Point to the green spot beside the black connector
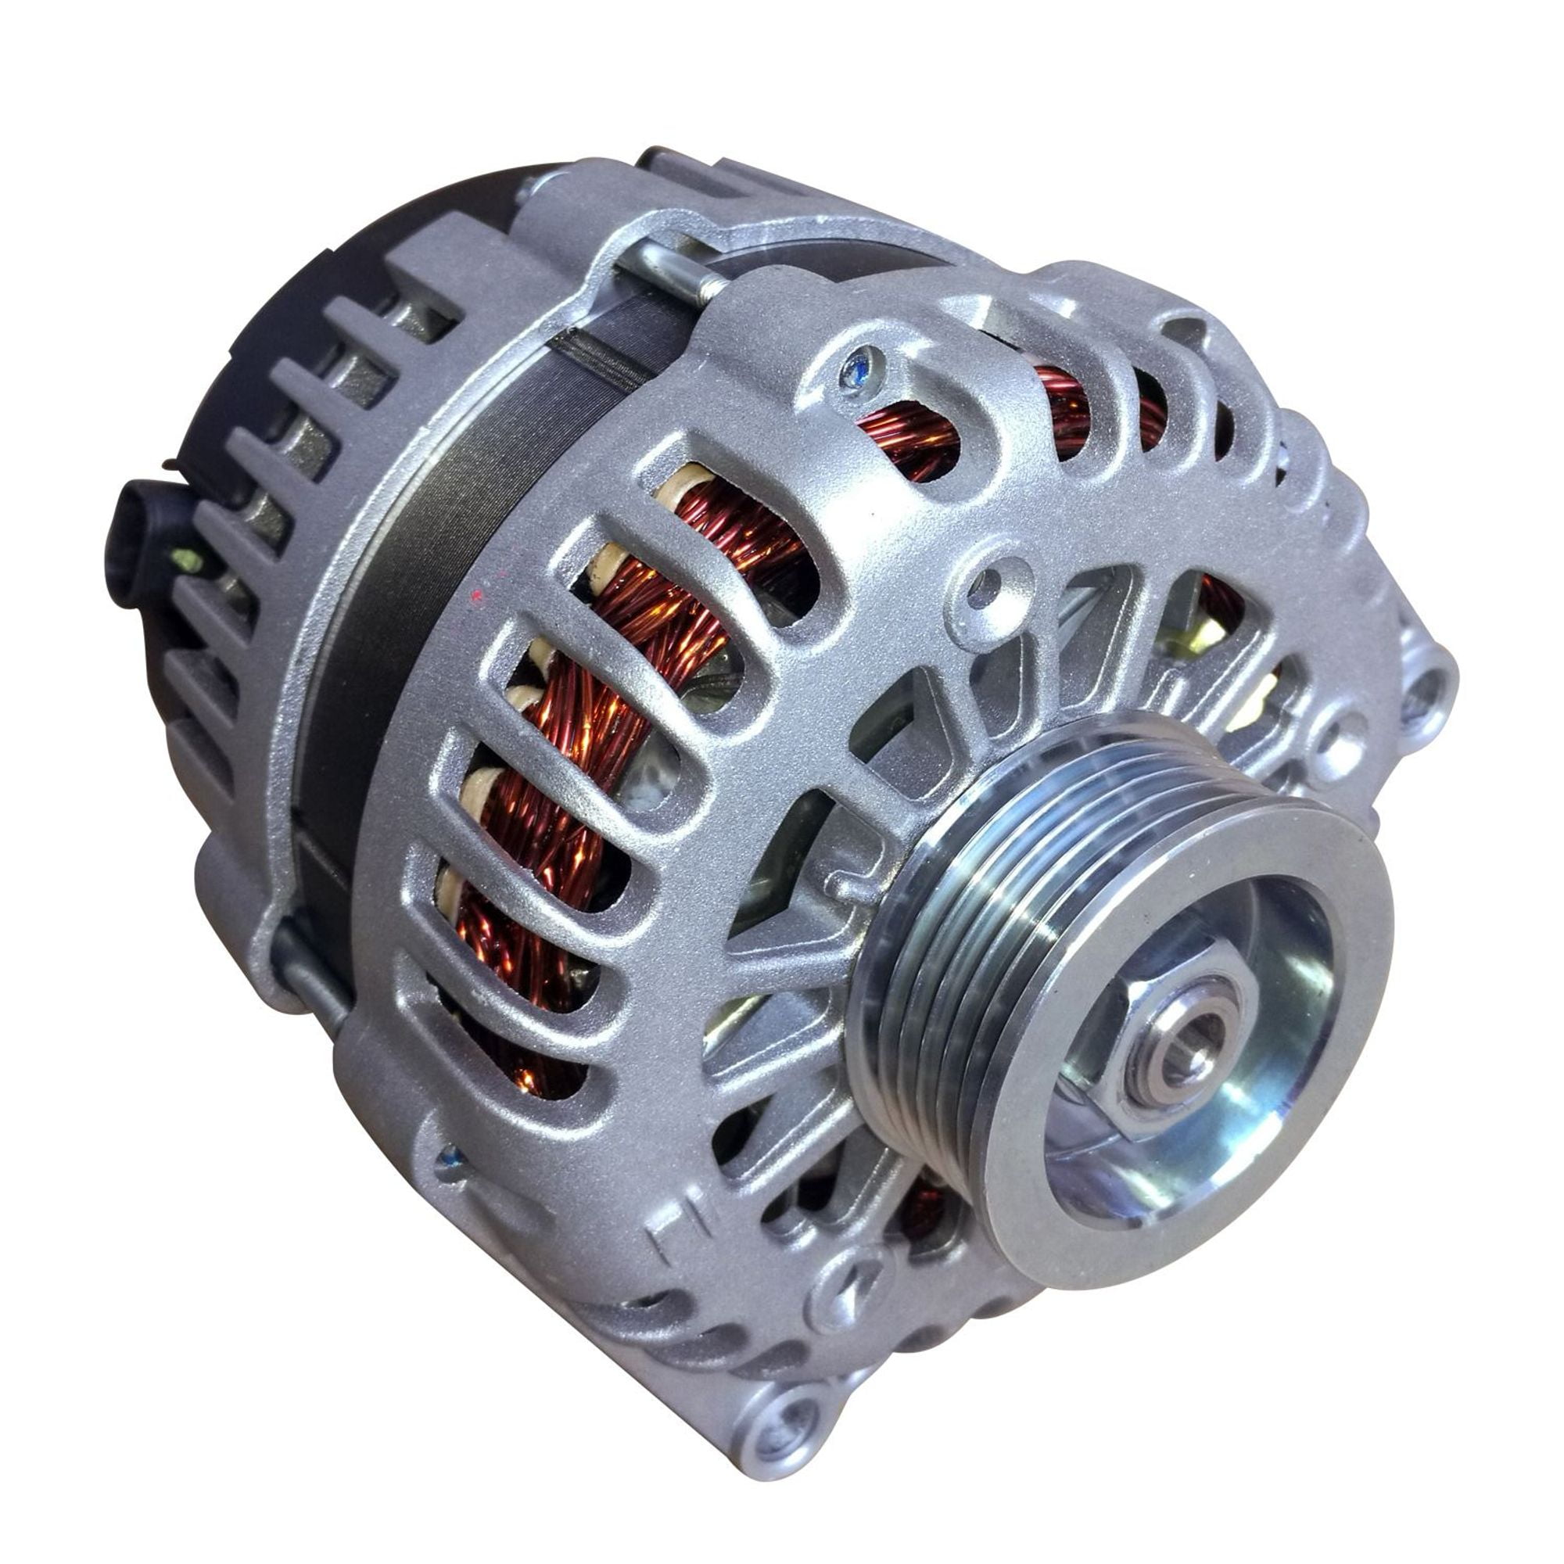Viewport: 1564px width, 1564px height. (x=188, y=558)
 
